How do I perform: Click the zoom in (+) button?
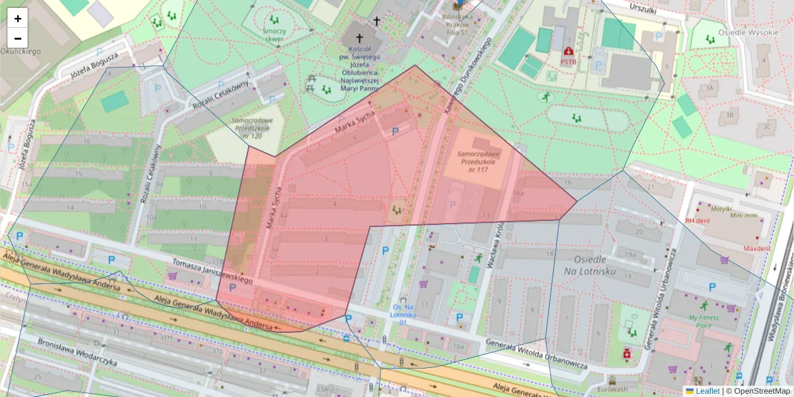click(x=18, y=19)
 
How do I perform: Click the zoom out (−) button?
click(x=18, y=38)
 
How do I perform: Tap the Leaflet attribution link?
click(x=707, y=391)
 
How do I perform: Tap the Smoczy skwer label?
click(x=273, y=35)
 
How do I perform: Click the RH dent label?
click(x=697, y=221)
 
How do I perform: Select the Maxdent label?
click(x=756, y=249)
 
